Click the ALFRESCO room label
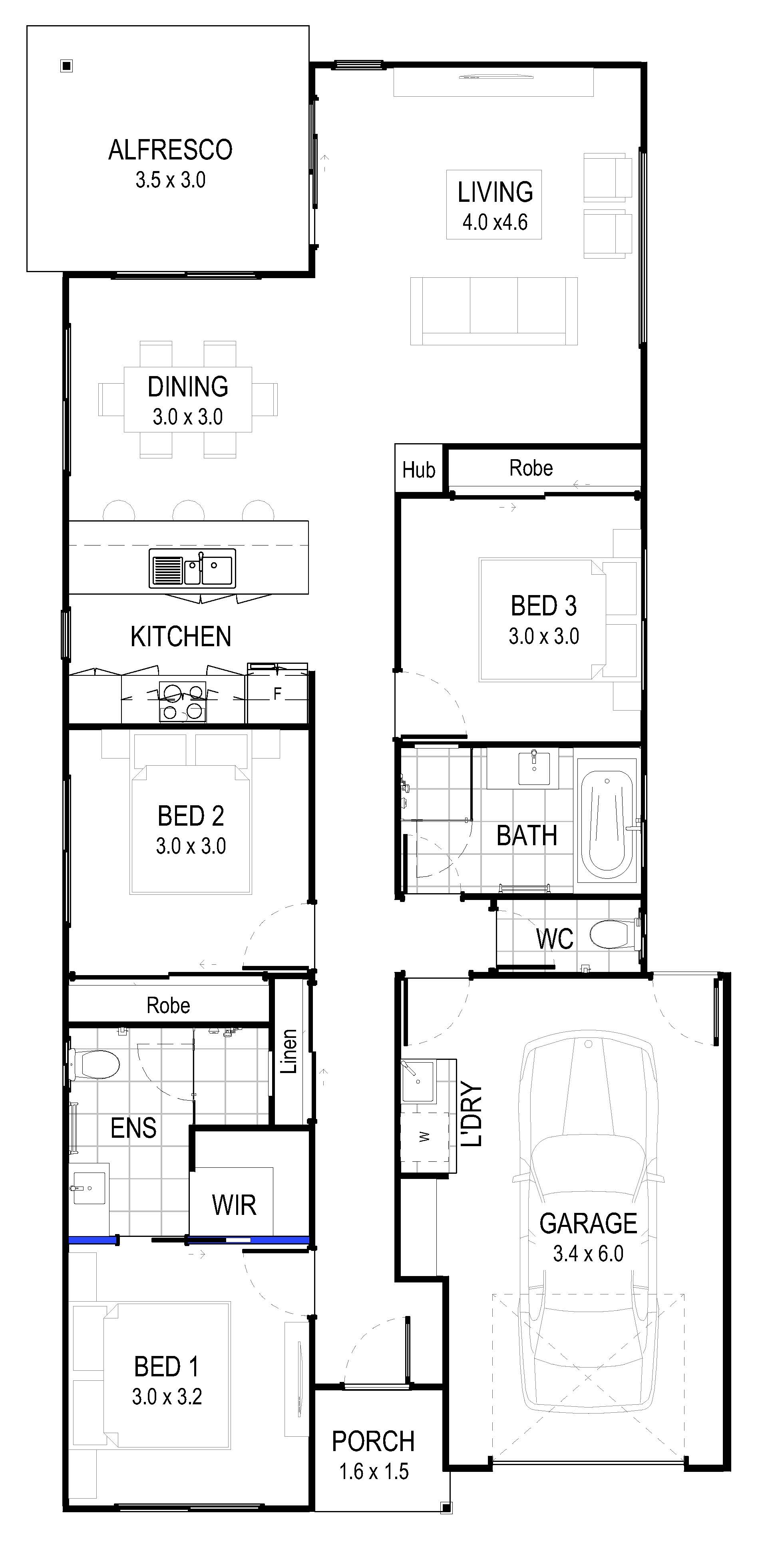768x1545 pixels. point(170,150)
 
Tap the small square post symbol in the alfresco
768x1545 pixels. point(67,66)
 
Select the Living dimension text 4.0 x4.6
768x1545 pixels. point(495,223)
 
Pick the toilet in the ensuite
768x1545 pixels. point(94,1064)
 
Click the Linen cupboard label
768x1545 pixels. point(289,1051)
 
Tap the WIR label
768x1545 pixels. point(234,1205)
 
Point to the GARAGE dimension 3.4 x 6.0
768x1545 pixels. point(588,1254)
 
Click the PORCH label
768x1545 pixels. point(373,1441)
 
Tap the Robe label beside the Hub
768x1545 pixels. point(531,468)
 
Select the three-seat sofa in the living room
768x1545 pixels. point(493,311)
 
